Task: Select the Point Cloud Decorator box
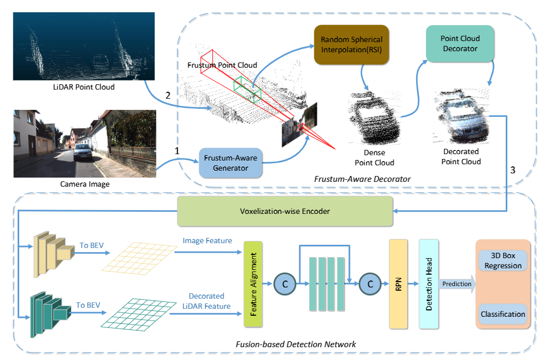[x=460, y=43]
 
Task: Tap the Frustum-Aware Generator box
[x=232, y=163]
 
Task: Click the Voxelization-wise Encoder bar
[x=285, y=211]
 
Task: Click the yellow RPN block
[x=398, y=283]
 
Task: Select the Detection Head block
[x=428, y=283]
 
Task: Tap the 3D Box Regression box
[x=503, y=260]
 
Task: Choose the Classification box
[x=503, y=314]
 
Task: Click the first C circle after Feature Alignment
[x=285, y=284]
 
